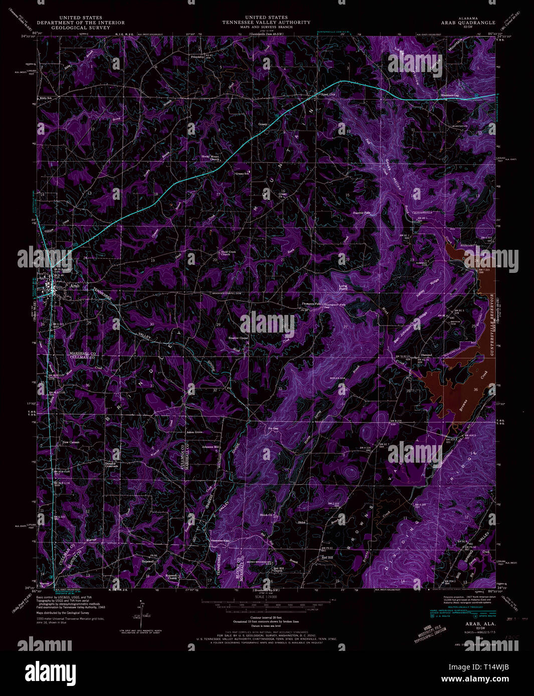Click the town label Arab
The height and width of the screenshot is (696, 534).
75,285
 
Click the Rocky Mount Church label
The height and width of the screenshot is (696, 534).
211,158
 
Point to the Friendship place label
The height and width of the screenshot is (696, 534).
198,57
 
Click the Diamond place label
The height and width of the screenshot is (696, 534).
426,355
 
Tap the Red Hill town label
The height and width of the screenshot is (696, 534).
327,557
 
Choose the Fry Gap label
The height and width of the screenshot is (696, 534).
273,429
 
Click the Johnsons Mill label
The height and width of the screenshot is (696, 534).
211,447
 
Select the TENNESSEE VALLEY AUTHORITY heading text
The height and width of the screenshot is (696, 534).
267,23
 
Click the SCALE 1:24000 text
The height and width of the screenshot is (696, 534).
267,596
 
